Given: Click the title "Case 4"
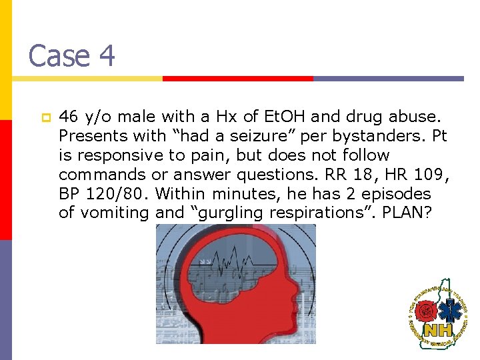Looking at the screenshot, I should click(x=71, y=55).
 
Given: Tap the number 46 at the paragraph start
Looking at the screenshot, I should click(x=67, y=117).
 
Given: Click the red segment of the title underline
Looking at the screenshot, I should click(x=237, y=78).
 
